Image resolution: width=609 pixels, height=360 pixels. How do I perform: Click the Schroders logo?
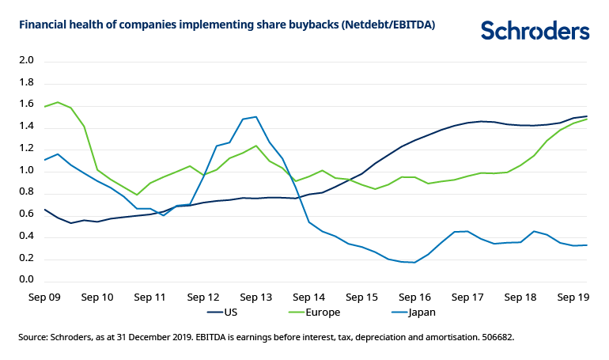point(535,31)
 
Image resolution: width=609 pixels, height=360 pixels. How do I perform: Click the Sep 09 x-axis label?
point(44,298)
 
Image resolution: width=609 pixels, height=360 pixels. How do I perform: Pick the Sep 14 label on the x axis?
point(308,298)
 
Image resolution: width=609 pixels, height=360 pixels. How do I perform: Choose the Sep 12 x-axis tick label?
point(202,298)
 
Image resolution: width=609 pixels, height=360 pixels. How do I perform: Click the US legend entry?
point(230,313)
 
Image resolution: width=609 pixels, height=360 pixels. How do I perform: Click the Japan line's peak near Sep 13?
point(255,117)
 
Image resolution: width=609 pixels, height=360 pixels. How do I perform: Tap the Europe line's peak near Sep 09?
point(58,102)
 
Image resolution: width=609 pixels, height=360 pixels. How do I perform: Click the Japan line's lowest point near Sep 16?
point(414,262)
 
